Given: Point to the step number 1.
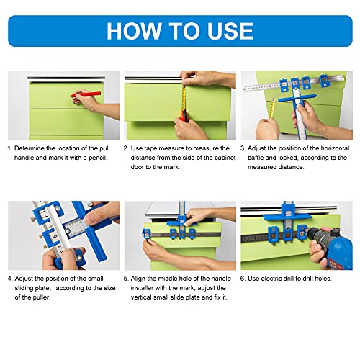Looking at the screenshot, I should pyautogui.click(x=10, y=148).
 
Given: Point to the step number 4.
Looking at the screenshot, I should pyautogui.click(x=10, y=278).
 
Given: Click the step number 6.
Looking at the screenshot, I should pyautogui.click(x=243, y=278).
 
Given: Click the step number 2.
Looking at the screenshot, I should pyautogui.click(x=126, y=148).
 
